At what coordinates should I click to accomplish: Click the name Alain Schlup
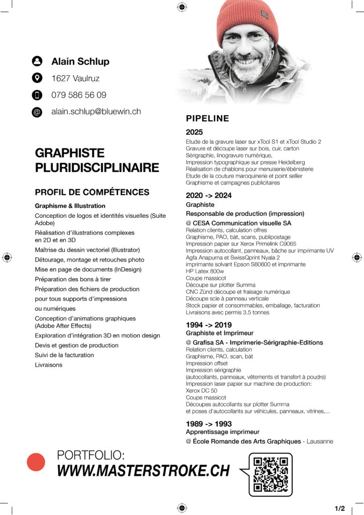[80, 61]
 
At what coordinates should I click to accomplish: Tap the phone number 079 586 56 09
[78, 95]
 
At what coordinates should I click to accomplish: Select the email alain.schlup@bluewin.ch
[96, 112]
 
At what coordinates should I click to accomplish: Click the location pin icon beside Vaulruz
[37, 78]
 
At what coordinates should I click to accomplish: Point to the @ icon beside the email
[37, 112]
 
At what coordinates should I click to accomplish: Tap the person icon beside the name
[37, 61]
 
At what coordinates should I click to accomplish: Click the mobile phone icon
[37, 95]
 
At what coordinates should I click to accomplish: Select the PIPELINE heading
[207, 119]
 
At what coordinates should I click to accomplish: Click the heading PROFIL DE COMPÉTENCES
[92, 192]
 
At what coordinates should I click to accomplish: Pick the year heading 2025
[194, 132]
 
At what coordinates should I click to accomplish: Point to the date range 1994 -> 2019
[209, 324]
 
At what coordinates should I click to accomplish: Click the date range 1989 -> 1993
[209, 423]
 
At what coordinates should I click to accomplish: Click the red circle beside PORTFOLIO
[36, 462]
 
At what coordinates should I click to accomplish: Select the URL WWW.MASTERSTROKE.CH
[143, 471]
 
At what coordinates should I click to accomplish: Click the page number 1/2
[339, 508]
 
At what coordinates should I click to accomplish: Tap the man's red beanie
[248, 19]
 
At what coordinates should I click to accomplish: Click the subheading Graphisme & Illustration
[70, 206]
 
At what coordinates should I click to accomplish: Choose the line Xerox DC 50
[201, 391]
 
